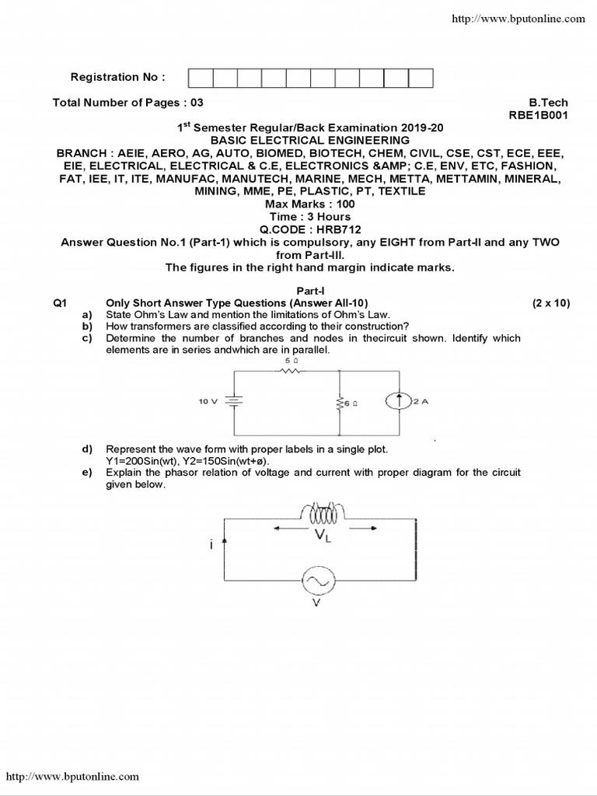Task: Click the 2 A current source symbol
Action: click(399, 402)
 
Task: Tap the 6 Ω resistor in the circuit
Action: click(340, 403)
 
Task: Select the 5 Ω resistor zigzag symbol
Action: click(290, 371)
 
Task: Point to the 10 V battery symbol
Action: click(234, 402)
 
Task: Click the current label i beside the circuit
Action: click(211, 546)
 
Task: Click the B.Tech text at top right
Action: click(549, 102)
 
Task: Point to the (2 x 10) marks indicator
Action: click(551, 302)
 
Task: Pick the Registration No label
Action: click(117, 77)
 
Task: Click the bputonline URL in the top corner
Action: click(518, 18)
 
